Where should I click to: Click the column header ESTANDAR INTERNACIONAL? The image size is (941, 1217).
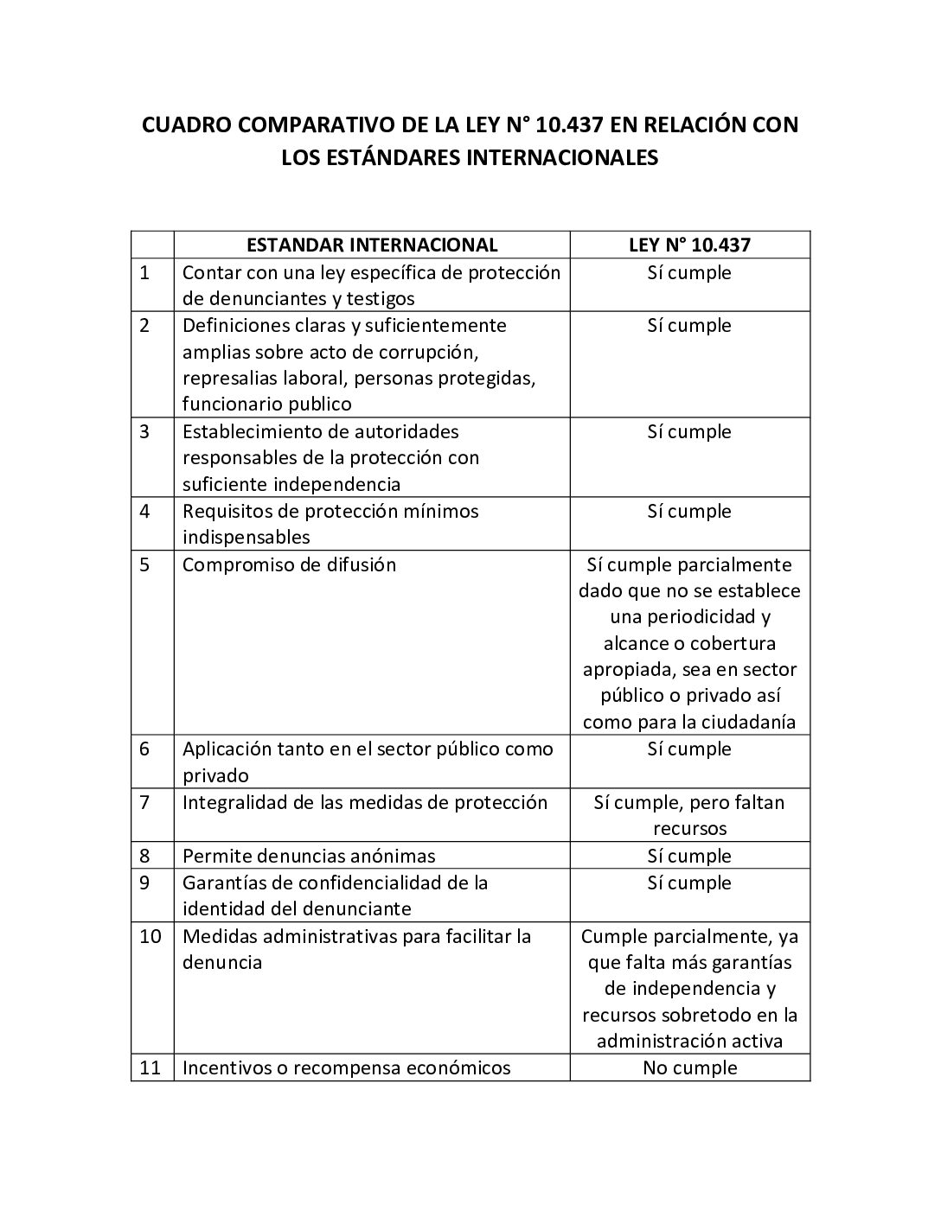pyautogui.click(x=372, y=245)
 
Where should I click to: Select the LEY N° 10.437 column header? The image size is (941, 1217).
pyautogui.click(x=689, y=245)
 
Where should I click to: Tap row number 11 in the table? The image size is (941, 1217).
pyautogui.click(x=150, y=1067)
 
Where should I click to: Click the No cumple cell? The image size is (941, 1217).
pyautogui.click(x=689, y=1067)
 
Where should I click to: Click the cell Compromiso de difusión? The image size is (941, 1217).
pyautogui.click(x=289, y=564)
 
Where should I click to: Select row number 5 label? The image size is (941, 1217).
pyautogui.click(x=144, y=564)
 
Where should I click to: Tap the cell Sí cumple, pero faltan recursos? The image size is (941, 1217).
pyautogui.click(x=689, y=815)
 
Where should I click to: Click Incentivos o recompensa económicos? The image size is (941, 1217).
pyautogui.click(x=346, y=1067)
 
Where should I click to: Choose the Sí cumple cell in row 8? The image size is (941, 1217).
pyautogui.click(x=689, y=856)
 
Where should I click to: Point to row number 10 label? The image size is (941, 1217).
pyautogui.click(x=150, y=936)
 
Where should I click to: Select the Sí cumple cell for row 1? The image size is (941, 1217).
pyautogui.click(x=689, y=272)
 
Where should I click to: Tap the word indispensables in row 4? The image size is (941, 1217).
pyautogui.click(x=246, y=537)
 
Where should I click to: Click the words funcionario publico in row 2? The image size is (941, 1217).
pyautogui.click(x=266, y=404)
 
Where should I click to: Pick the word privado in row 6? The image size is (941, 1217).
pyautogui.click(x=215, y=775)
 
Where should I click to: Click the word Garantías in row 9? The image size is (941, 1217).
pyautogui.click(x=221, y=882)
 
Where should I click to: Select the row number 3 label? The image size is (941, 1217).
pyautogui.click(x=144, y=431)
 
